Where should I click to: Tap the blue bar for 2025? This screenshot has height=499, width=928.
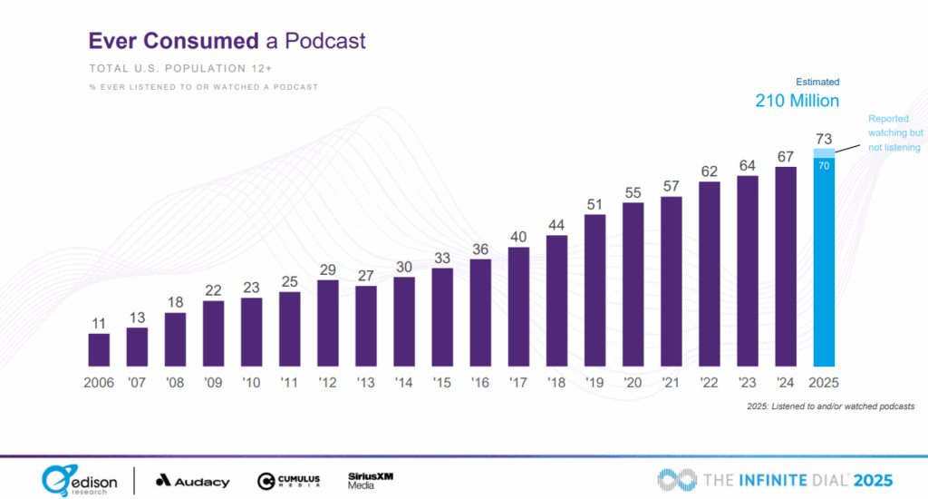click(824, 263)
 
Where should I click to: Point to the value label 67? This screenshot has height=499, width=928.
click(786, 156)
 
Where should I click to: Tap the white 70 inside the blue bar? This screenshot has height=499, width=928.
click(824, 166)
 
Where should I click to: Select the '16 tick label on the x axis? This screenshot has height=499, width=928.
click(480, 383)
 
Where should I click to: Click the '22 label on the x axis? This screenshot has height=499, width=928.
click(710, 383)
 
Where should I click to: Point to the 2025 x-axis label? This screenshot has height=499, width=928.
click(824, 383)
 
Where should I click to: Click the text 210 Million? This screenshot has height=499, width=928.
click(797, 100)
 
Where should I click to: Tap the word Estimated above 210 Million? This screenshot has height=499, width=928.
click(818, 81)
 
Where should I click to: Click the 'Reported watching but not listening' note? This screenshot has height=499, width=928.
click(894, 133)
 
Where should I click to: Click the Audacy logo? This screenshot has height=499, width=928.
click(192, 481)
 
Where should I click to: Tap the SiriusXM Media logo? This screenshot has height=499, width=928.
click(370, 480)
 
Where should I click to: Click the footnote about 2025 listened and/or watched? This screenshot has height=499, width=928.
click(830, 406)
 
